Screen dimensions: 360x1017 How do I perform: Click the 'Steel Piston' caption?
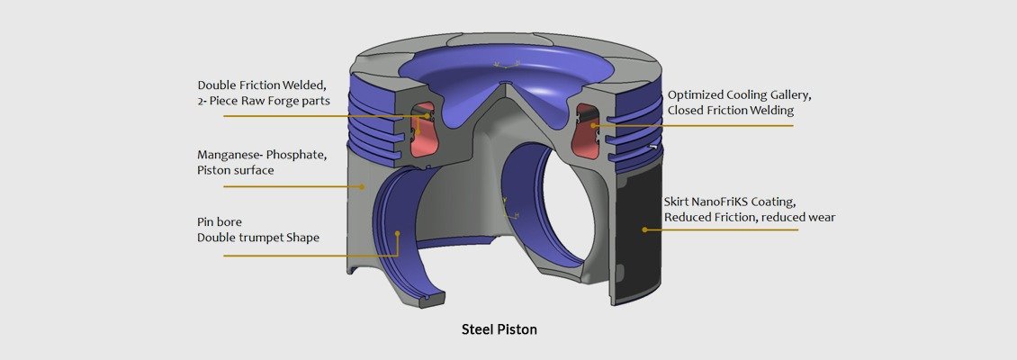tap(499, 329)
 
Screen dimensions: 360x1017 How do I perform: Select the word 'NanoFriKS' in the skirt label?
tap(730, 202)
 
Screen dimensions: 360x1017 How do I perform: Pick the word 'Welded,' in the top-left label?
tap(303, 84)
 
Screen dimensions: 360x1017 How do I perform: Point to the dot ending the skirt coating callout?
tap(644, 229)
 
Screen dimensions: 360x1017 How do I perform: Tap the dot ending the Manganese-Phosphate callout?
tap(362, 186)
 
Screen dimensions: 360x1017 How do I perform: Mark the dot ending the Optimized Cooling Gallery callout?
tap(593, 125)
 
